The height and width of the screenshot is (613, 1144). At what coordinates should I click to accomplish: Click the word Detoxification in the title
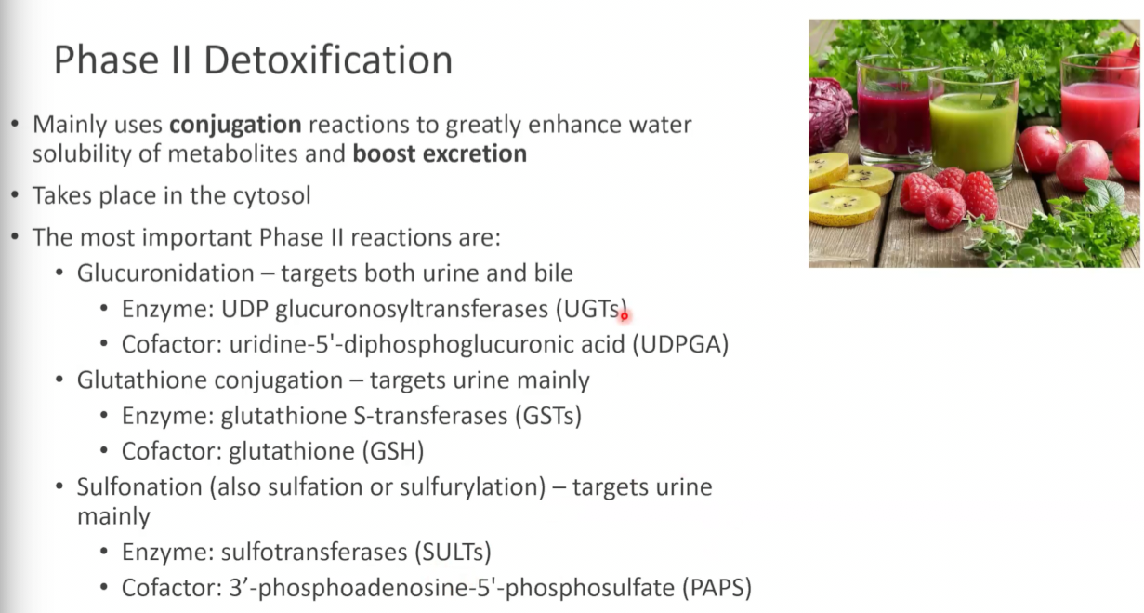click(328, 60)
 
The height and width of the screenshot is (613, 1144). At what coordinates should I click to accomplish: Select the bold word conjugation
click(235, 126)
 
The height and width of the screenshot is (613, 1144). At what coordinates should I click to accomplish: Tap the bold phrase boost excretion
click(440, 153)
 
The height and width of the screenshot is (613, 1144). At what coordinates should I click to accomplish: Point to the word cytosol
click(271, 196)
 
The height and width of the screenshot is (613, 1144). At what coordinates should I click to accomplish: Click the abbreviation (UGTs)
click(591, 310)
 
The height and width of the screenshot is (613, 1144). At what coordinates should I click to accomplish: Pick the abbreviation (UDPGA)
click(680, 344)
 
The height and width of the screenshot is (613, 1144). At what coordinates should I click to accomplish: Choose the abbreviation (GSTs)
click(548, 416)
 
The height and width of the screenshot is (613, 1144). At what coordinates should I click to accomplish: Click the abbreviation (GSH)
click(393, 451)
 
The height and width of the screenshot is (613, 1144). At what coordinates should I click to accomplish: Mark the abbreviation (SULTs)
click(453, 553)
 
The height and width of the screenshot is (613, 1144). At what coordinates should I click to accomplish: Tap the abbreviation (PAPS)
click(717, 588)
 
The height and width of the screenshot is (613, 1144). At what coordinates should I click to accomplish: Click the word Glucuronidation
click(165, 273)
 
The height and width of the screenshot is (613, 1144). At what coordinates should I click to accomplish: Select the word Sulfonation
click(139, 486)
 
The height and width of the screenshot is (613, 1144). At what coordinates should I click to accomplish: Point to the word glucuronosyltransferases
click(412, 310)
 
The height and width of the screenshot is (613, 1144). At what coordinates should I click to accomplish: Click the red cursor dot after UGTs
click(625, 316)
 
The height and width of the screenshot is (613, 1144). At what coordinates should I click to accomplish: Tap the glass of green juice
click(973, 130)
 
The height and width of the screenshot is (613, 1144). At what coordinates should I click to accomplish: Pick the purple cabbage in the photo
click(828, 113)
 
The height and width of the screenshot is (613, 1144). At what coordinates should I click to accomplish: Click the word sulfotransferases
click(313, 553)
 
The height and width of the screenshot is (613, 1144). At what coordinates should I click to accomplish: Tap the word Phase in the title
click(106, 60)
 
